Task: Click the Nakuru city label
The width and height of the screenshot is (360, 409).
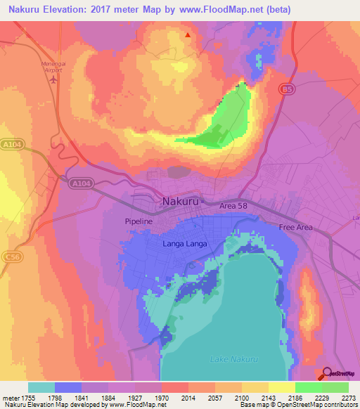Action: [x=181, y=201]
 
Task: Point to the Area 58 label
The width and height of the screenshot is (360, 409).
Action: [x=233, y=206]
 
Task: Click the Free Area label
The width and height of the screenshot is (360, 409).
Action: [x=295, y=227]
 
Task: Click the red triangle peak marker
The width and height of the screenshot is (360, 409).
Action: [x=187, y=34]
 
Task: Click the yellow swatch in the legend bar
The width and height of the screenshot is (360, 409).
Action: [x=281, y=387]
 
